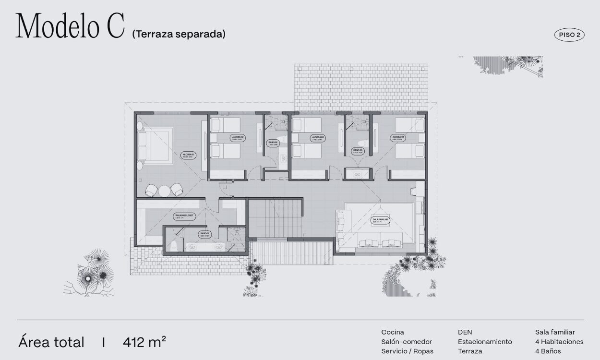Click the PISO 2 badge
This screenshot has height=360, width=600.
pyautogui.click(x=569, y=35)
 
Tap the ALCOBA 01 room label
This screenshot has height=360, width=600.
pyautogui.click(x=188, y=156)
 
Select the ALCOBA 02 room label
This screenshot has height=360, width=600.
pyautogui.click(x=238, y=138)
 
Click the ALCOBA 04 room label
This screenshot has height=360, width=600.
pyautogui.click(x=398, y=138)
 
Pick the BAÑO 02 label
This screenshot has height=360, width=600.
pyautogui.click(x=273, y=143)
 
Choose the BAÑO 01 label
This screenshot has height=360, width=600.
pyautogui.click(x=205, y=235)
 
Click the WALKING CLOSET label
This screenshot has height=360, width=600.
pyautogui.click(x=185, y=217)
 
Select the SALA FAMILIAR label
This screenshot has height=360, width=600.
pyautogui.click(x=380, y=220)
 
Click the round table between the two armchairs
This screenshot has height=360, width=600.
pyautogui.click(x=164, y=191)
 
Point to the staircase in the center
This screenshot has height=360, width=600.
pyautogui.click(x=275, y=218)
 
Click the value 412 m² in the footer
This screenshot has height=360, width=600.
pyautogui.click(x=144, y=342)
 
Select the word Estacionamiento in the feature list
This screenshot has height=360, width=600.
pyautogui.click(x=485, y=342)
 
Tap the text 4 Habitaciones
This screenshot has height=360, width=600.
pyautogui.click(x=559, y=342)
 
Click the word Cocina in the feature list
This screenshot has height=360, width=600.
pyautogui.click(x=393, y=332)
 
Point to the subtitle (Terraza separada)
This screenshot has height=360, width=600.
pyautogui.click(x=179, y=34)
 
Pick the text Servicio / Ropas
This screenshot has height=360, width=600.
pyautogui.click(x=407, y=351)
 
